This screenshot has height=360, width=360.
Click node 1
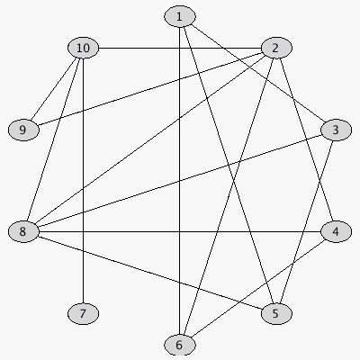tap(180, 17)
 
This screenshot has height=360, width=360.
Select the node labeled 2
tap(276, 48)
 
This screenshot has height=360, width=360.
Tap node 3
tap(336, 130)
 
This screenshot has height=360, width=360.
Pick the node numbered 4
tap(336, 231)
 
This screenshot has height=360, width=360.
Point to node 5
tap(276, 314)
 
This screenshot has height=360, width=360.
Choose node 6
tap(180, 345)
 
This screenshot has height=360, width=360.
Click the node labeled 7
tap(83, 314)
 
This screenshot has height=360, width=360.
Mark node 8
tap(23, 231)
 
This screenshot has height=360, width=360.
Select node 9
tap(23, 130)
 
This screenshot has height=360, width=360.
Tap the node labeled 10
tap(83, 48)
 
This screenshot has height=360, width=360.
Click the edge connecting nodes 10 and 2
tap(180, 48)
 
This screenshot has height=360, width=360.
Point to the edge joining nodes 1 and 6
tap(180, 181)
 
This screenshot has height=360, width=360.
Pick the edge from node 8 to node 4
tap(180, 231)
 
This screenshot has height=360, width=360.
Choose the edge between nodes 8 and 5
tap(150, 273)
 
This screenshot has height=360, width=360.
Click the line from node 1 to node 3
tap(258, 74)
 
